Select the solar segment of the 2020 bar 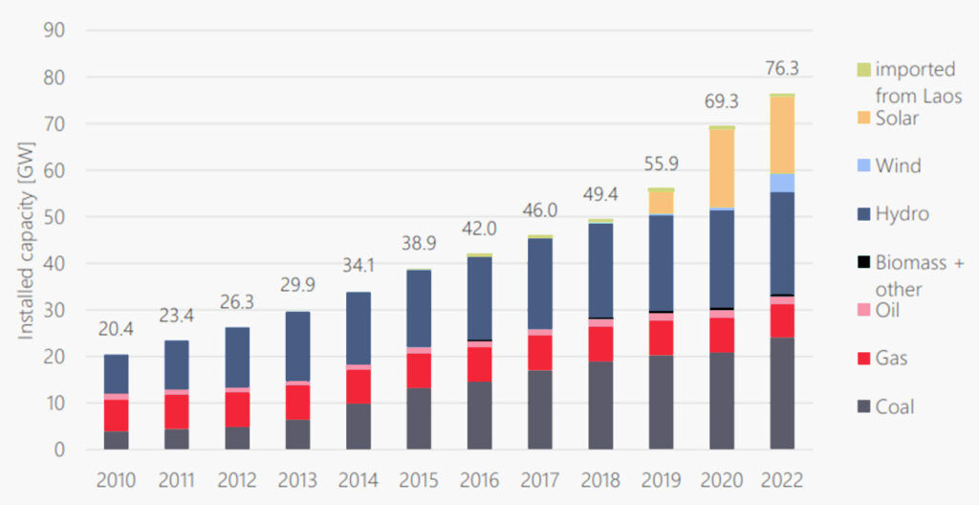[722, 168]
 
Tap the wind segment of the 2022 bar [782, 183]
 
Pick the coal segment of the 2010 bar [117, 440]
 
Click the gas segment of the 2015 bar [419, 370]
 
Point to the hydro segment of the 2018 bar [600, 271]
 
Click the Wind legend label [898, 165]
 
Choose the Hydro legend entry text [902, 213]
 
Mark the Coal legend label [895, 406]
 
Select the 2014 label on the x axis [359, 479]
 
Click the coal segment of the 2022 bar [782, 393]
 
